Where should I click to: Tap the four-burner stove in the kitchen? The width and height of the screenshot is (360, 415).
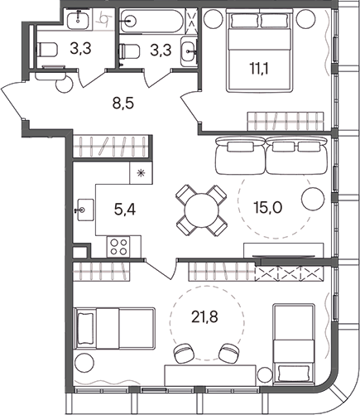(x=118, y=245)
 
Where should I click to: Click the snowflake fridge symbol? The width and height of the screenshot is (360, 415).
(x=140, y=175)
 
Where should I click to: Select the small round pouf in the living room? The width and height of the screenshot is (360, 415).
(x=311, y=199)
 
